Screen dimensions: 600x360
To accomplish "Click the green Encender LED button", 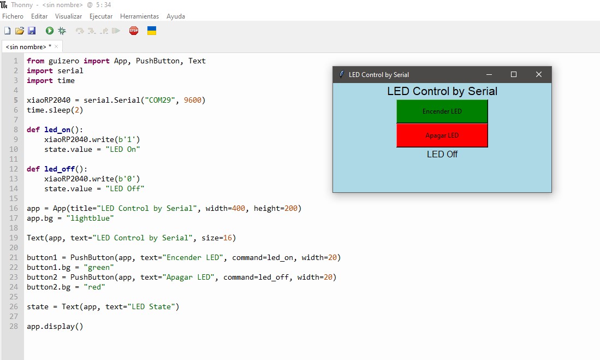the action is coord(442,111).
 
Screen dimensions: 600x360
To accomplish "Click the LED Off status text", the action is coord(442,154).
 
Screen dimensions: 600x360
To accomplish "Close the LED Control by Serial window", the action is coord(539,74).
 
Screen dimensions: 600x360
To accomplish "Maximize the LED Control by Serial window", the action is coord(514,74).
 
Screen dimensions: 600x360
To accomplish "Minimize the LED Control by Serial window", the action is coord(489,74).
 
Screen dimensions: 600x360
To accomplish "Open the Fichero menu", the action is coord(13,16).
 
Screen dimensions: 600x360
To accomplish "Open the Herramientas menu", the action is coord(139,16).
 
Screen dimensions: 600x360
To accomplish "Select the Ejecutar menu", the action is coord(101,16).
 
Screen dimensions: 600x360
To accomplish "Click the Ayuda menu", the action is coord(176,16).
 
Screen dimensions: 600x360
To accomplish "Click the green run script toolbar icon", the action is coord(49,31).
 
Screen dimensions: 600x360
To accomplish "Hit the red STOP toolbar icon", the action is coord(134,31).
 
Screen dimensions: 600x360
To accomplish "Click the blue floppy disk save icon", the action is coord(32,31).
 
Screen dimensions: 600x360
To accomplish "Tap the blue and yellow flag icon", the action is coord(152,31).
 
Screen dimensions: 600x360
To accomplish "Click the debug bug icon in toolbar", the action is coord(62,31).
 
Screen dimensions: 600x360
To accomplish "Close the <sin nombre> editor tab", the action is coord(56,47).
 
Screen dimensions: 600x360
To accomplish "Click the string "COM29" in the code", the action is coord(160,101).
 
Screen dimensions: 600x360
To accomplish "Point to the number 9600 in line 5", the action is coord(193,101).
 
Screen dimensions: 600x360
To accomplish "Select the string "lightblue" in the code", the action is coord(90,219).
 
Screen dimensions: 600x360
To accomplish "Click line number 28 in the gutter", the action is coord(14,326).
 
